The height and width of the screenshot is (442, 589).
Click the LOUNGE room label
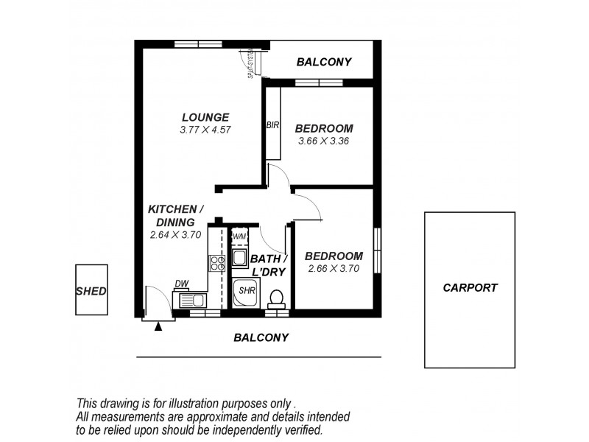pos(205,117)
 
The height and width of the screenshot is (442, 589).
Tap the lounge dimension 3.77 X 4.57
pos(205,130)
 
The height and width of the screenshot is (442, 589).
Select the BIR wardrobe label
pos(272,125)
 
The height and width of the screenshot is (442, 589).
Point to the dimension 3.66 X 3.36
pos(323,141)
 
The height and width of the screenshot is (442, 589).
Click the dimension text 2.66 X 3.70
pos(334,269)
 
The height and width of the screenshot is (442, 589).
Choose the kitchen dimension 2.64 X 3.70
pos(175,235)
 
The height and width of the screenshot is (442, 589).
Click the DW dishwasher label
pos(181,284)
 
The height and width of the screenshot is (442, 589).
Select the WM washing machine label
pos(239,236)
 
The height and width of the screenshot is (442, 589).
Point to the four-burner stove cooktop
pos(217,264)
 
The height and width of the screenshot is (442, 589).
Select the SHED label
pos(91,291)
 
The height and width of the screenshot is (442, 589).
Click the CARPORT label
pos(470,288)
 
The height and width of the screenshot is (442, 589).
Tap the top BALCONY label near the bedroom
pos(324,62)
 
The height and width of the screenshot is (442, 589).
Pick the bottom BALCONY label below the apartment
pos(261,337)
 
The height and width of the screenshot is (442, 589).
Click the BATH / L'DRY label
pos(267,265)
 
